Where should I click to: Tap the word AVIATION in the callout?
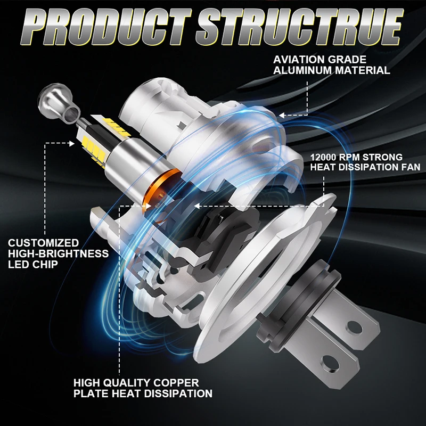[298, 60]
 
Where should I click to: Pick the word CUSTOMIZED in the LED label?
[44, 243]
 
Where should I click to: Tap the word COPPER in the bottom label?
[176, 383]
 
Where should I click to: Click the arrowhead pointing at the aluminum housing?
[282, 116]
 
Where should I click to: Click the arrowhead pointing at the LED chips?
[71, 143]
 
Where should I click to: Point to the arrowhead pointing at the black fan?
[197, 206]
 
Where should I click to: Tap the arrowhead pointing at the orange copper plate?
[148, 206]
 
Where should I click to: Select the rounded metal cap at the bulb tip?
[58, 101]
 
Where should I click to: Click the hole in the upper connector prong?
[355, 326]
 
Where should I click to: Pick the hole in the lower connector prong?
[330, 363]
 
